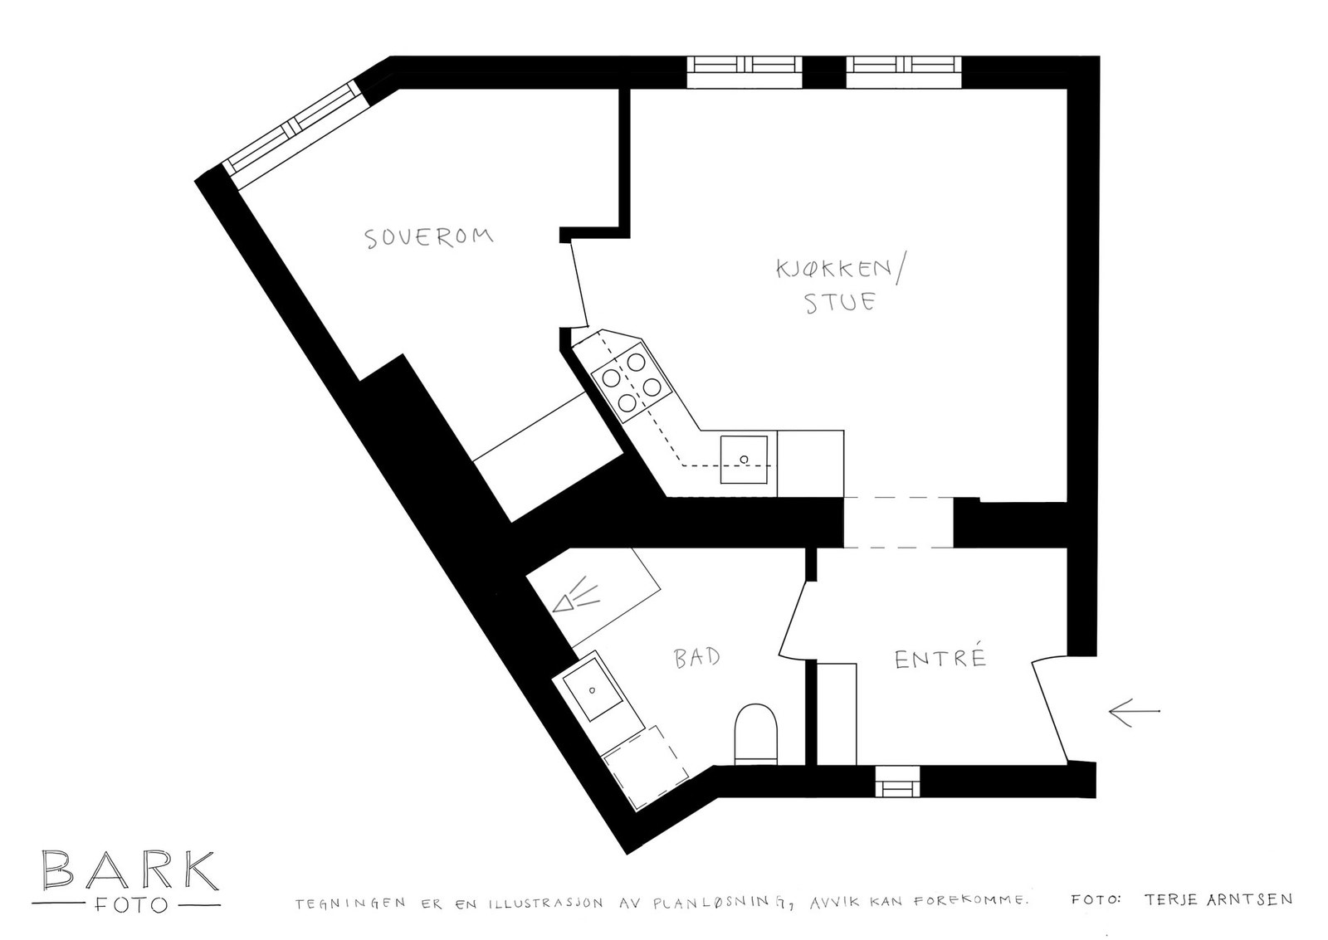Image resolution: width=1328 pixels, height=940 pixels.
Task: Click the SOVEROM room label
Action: (x=429, y=236)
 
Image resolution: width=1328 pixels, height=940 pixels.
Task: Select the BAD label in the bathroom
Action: (x=696, y=658)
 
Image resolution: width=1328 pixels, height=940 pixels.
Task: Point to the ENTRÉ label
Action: (x=940, y=659)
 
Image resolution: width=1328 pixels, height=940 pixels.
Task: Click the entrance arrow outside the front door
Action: (x=1134, y=711)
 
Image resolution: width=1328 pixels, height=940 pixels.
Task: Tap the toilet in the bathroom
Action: (x=755, y=733)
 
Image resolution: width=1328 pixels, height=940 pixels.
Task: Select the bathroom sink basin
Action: (x=593, y=689)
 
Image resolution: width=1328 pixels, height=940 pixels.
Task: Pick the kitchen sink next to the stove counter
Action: (x=745, y=458)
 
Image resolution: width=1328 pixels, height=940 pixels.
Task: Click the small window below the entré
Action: (x=897, y=781)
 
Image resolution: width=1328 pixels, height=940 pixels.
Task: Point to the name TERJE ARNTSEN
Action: (x=1218, y=899)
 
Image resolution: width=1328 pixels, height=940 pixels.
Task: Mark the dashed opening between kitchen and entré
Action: (x=898, y=523)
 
